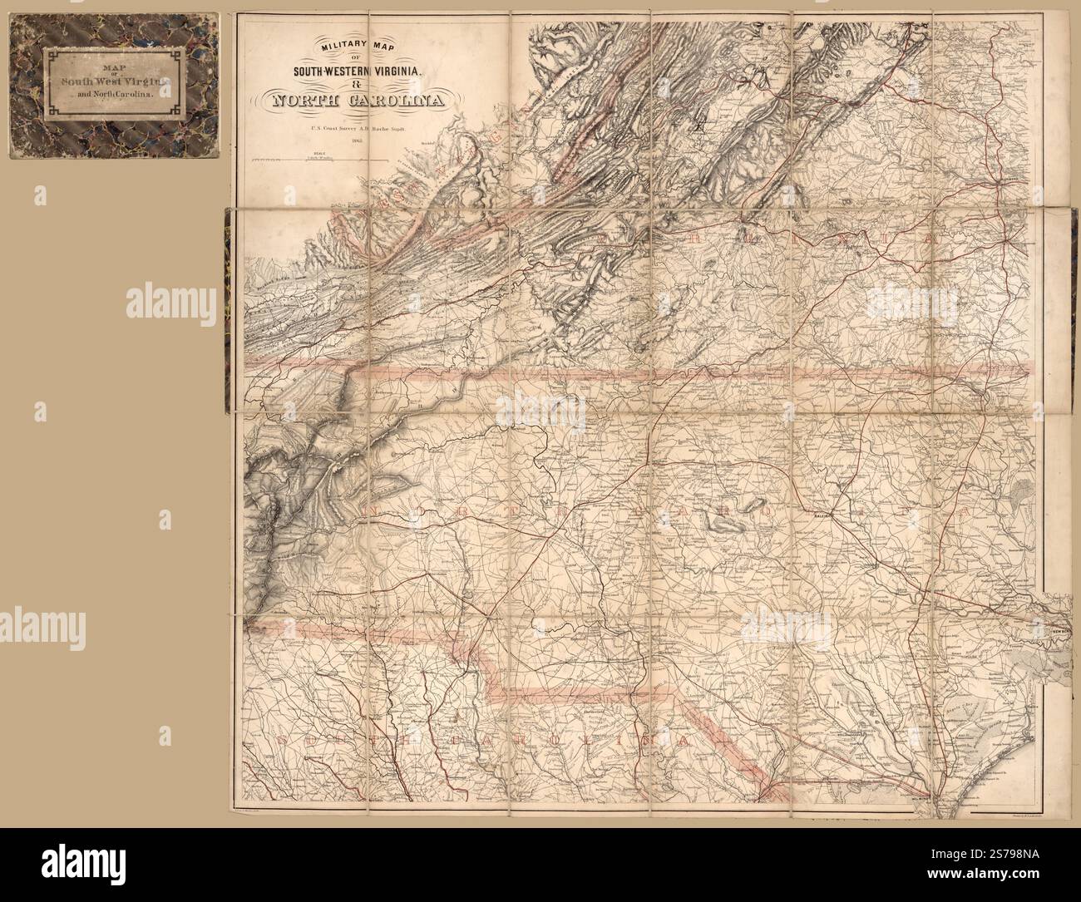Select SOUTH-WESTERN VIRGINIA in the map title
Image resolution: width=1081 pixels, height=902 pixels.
tap(355, 71)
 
